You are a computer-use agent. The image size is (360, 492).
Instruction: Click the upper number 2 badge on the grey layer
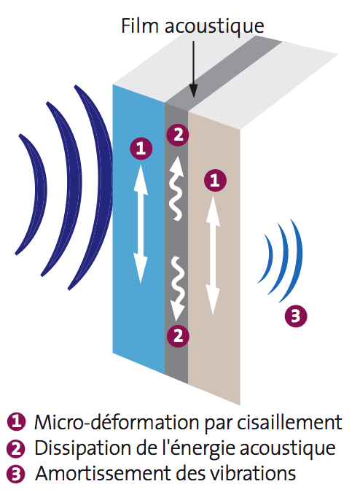177,134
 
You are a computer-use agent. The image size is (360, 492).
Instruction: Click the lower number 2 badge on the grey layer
177,335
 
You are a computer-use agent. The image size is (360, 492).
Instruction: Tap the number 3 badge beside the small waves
295,316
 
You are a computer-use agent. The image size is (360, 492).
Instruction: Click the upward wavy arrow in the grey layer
176,187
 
